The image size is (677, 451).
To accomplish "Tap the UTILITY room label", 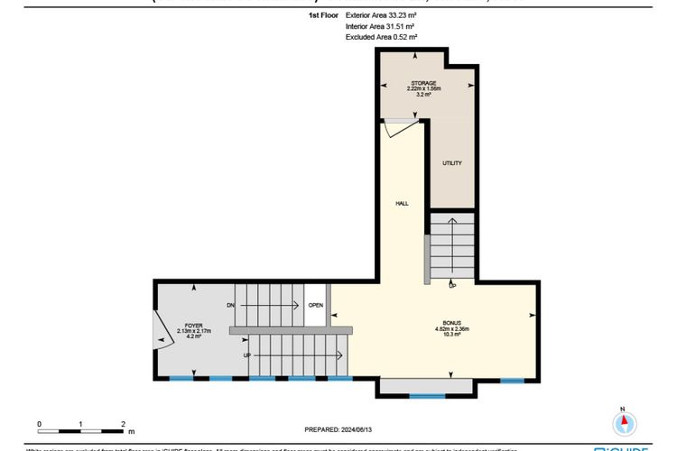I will tap(451, 163).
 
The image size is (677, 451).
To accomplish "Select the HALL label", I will tap(402, 204).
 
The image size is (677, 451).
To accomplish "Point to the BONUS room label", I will tap(451, 322).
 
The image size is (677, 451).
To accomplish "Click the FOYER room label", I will tap(194, 324).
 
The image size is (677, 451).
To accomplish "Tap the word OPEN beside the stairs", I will tap(315, 305).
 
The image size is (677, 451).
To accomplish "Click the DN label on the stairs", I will tap(231, 306).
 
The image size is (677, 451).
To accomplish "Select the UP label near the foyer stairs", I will tap(246, 355).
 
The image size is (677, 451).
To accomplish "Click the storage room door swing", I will tap(390, 128).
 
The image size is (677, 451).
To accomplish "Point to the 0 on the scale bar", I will tap(40, 423).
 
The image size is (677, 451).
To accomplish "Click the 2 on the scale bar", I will tap(122, 423).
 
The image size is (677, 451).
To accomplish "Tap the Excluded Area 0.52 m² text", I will tap(382, 37).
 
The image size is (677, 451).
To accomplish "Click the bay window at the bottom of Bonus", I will tap(426, 389).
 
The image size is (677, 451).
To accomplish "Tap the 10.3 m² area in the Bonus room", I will tap(451, 336).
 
